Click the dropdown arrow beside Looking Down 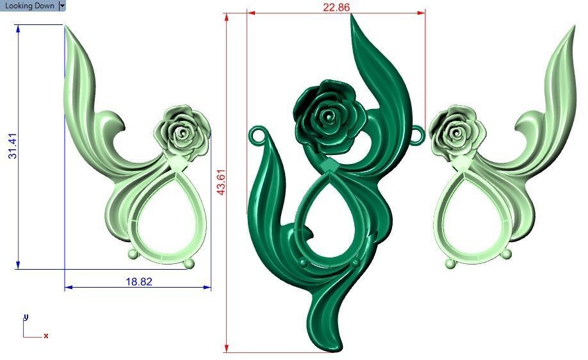(x=62, y=6)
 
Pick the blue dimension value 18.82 (x=138, y=281)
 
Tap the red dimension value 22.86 (x=336, y=7)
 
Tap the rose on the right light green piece (x=456, y=132)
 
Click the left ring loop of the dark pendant (x=257, y=135)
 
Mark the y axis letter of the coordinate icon (x=26, y=317)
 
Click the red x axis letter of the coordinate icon (x=46, y=336)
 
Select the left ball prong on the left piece (x=133, y=254)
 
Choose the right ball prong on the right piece (x=506, y=254)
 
